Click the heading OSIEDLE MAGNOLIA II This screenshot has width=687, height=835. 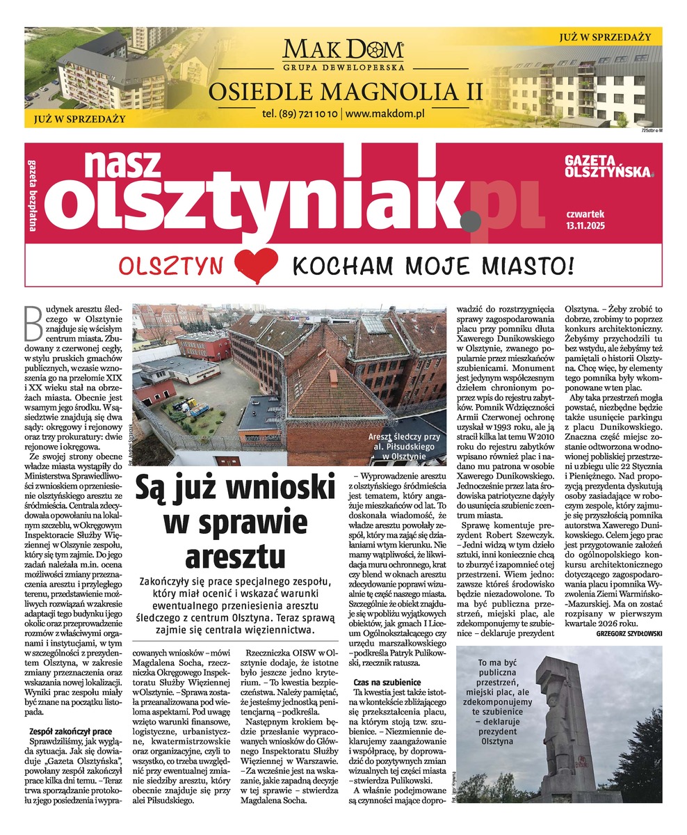(343, 90)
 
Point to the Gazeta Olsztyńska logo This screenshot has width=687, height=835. (608, 166)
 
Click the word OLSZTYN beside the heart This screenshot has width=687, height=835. (172, 267)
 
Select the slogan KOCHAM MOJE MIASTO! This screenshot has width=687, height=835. (433, 265)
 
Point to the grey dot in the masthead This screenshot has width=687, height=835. (470, 221)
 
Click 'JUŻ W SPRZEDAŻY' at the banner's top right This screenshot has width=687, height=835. (605, 35)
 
